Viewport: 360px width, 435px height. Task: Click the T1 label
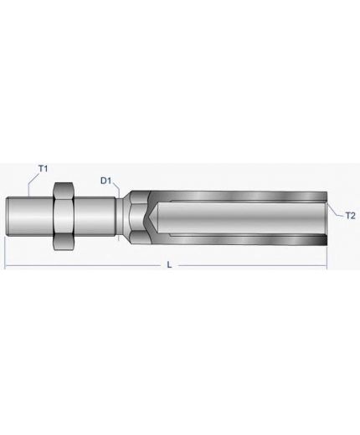click(x=43, y=169)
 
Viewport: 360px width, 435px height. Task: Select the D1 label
click(x=105, y=181)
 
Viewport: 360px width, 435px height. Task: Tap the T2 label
click(x=350, y=216)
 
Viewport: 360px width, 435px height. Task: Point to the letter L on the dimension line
click(x=169, y=264)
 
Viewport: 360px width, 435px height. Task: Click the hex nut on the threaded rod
click(x=64, y=217)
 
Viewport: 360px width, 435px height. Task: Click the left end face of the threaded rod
click(x=7, y=217)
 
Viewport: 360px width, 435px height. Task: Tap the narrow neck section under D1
click(x=120, y=217)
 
